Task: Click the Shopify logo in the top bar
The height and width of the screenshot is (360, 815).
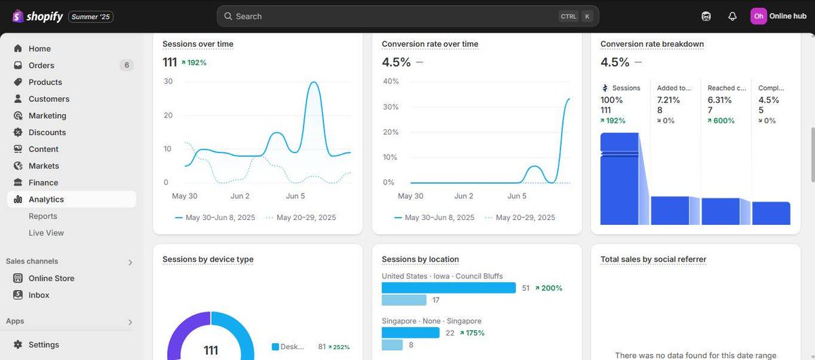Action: click(37, 16)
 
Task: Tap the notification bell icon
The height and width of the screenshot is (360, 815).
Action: click(732, 16)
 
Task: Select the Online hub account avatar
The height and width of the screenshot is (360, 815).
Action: click(759, 16)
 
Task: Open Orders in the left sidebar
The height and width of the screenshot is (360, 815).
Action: click(41, 65)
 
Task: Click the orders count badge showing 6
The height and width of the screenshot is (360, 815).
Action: click(126, 65)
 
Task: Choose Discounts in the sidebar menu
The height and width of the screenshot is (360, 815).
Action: click(47, 132)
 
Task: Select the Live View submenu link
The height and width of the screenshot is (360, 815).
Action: click(46, 233)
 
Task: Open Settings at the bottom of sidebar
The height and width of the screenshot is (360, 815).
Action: click(43, 344)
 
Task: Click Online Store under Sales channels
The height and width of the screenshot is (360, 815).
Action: click(51, 278)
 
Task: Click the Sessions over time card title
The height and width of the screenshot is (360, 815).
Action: click(198, 44)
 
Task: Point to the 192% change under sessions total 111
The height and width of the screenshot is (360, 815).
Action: click(194, 62)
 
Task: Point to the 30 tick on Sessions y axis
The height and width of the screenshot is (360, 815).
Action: click(168, 82)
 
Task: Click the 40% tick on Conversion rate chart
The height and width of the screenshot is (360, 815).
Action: click(391, 82)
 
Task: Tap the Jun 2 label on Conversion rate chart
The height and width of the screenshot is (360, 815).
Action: click(463, 196)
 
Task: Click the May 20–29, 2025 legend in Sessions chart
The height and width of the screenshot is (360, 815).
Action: click(306, 217)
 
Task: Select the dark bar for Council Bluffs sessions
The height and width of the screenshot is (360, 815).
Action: click(448, 288)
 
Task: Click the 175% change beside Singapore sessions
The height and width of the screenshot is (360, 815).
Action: click(473, 333)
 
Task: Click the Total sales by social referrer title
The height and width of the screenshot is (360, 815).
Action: click(653, 259)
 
